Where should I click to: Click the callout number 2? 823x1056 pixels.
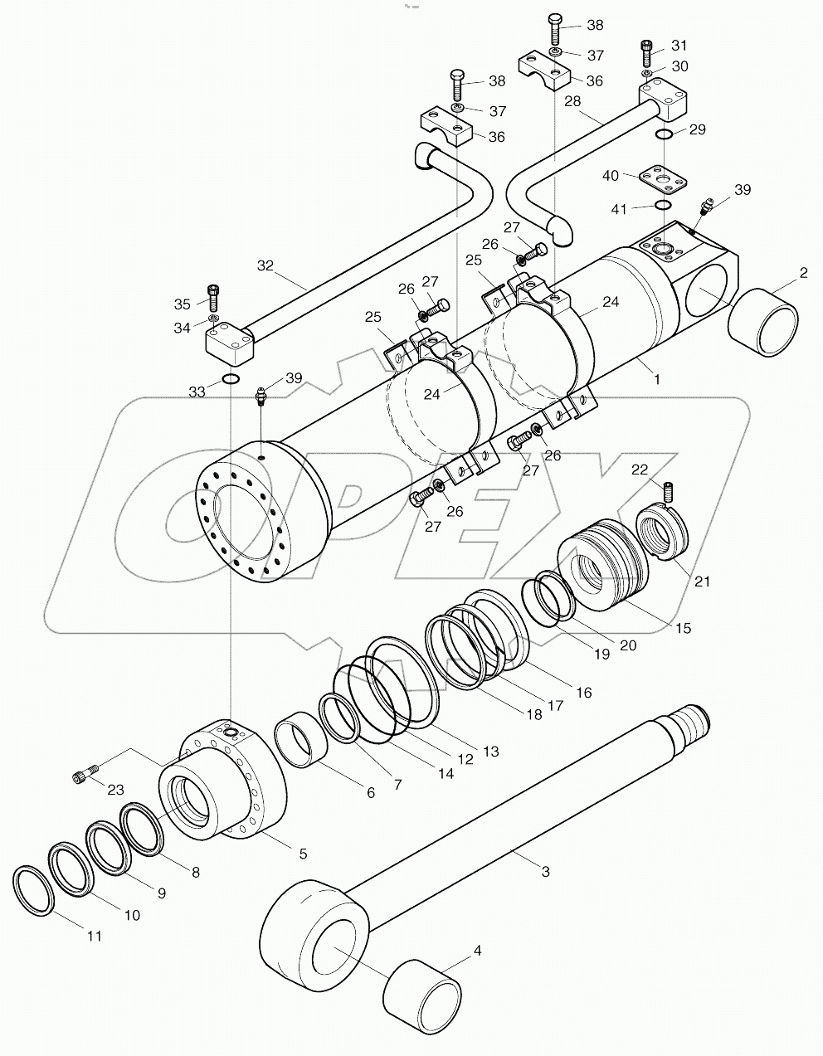(803, 273)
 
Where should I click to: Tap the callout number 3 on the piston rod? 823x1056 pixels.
(545, 872)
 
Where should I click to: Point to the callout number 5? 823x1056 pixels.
(303, 854)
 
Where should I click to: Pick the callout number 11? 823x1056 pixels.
(95, 936)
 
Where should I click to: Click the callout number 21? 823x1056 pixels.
(703, 582)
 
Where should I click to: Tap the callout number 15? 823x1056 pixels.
(682, 629)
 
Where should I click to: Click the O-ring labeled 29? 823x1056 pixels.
(665, 134)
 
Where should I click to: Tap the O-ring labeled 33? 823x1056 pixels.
(231, 380)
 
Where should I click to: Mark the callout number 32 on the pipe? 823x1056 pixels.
(265, 266)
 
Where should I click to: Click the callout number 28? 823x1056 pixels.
(572, 101)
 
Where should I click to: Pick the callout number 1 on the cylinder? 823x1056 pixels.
(657, 379)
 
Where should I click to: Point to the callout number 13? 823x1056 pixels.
(490, 752)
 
